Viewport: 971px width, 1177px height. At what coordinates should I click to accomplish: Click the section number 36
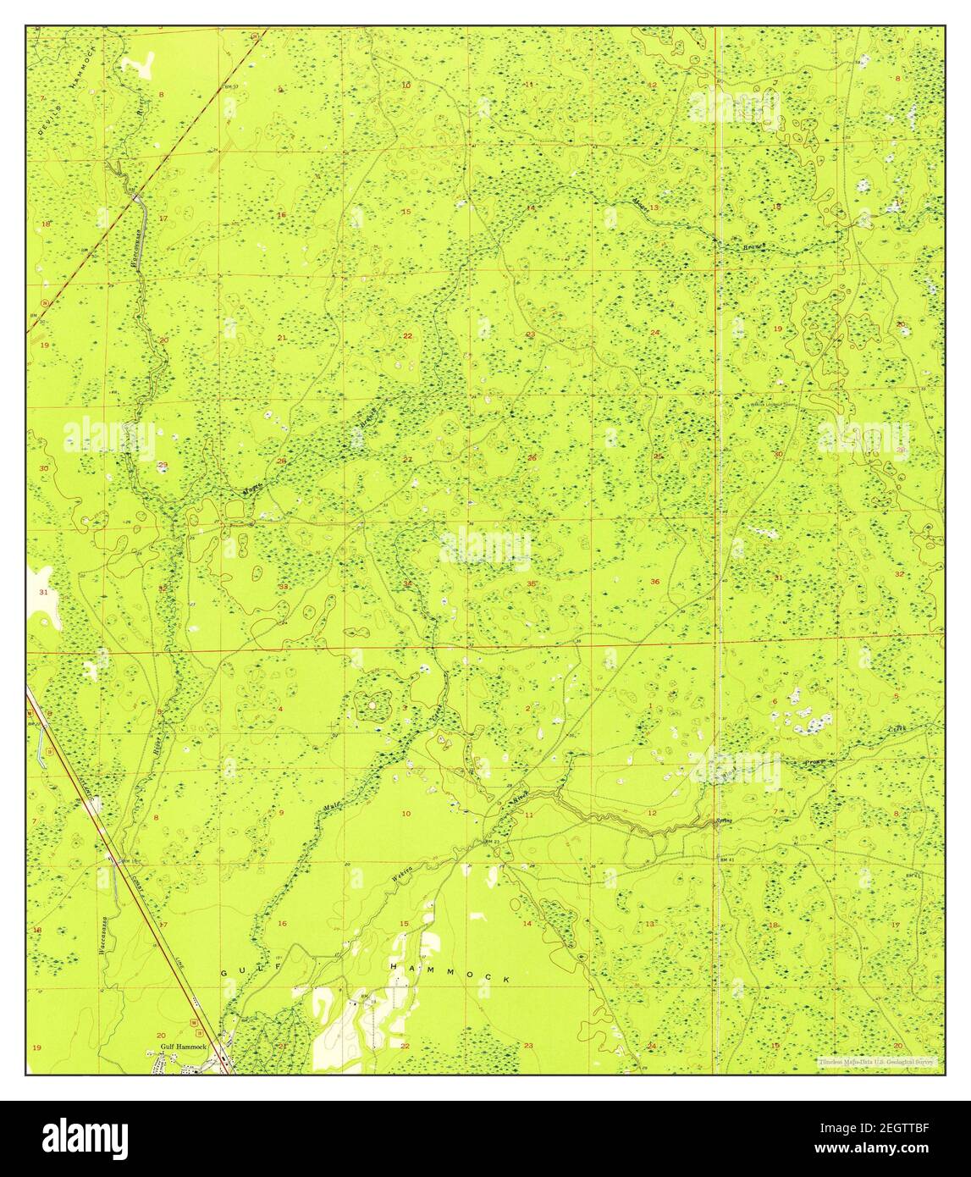coord(654,582)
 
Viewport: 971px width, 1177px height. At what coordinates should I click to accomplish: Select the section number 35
coord(531,584)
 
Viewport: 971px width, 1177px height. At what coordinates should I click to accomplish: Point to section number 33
coord(284,586)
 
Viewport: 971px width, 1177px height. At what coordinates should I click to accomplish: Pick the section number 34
coord(407,583)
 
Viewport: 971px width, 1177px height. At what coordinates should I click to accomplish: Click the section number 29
coord(163,464)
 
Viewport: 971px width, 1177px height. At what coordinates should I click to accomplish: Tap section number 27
coord(407,459)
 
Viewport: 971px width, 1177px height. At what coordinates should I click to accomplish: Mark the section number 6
coord(775,701)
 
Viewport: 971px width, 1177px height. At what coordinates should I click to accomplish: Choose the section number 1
coord(650,705)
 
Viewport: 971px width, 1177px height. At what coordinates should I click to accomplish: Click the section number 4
coord(280,708)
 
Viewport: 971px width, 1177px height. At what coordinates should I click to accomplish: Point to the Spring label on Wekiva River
coord(723,821)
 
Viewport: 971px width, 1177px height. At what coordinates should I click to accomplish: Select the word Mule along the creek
coord(332,807)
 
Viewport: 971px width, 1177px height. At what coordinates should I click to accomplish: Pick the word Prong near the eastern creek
coord(814,762)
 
